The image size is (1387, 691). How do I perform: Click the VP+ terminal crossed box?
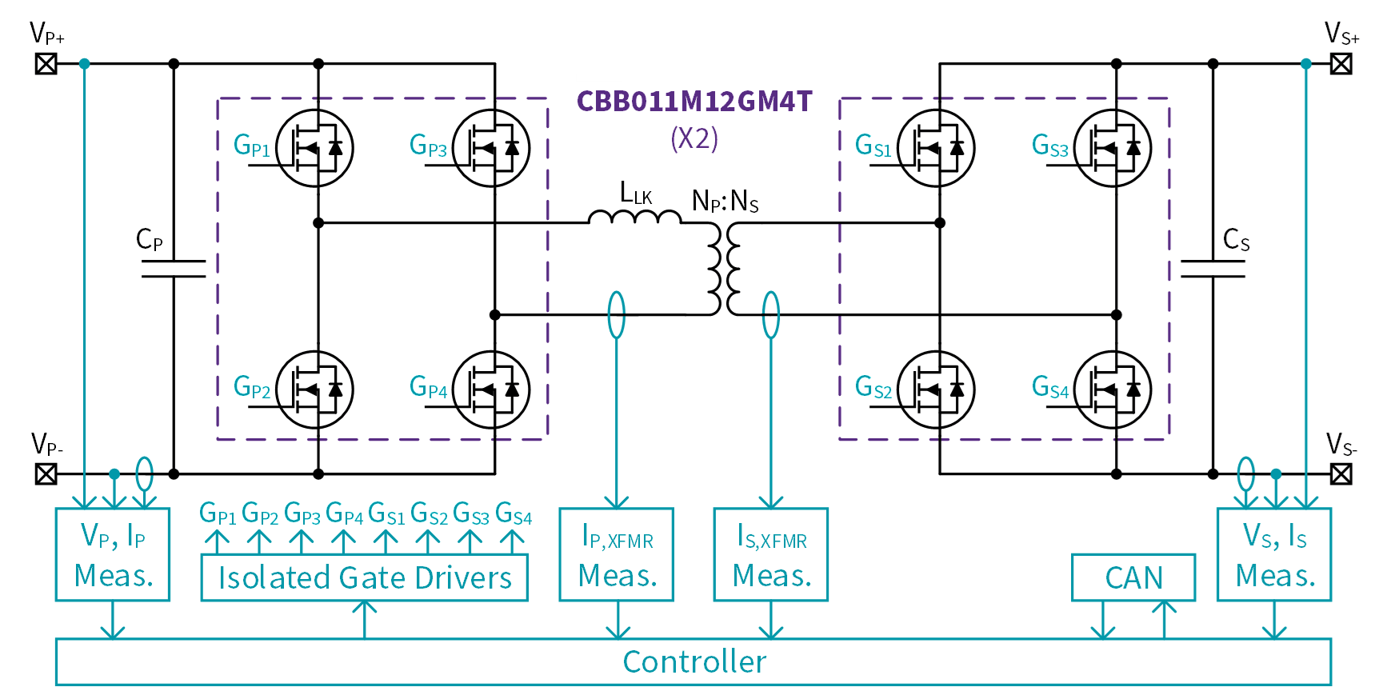[x=46, y=63]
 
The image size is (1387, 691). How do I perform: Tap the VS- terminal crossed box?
[x=1341, y=474]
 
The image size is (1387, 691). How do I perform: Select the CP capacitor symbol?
[x=174, y=269]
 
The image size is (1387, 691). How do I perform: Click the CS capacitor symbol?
[x=1213, y=269]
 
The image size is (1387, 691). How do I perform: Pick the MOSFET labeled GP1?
[x=314, y=148]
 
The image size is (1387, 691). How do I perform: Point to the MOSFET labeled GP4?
[x=491, y=389]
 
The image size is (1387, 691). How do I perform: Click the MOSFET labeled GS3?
[x=1113, y=148]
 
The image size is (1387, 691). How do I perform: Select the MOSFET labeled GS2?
[x=936, y=389]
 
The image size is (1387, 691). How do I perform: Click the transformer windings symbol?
[x=724, y=269]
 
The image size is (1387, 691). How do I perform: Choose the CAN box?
[x=1133, y=577]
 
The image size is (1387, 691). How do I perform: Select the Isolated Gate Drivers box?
[x=365, y=577]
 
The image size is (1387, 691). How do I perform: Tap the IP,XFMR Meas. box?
[x=617, y=554]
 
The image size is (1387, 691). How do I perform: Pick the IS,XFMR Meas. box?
[x=771, y=554]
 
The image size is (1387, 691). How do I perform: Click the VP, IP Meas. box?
[x=113, y=554]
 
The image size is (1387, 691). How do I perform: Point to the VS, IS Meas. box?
[x=1274, y=554]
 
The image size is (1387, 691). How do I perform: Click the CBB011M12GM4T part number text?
[x=694, y=102]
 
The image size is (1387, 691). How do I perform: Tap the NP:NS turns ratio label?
[x=725, y=201]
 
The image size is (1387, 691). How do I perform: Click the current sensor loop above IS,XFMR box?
[x=771, y=314]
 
